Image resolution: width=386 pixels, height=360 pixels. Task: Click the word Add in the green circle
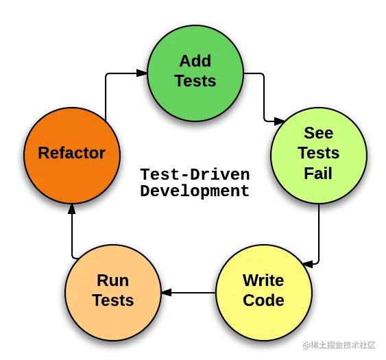click(x=195, y=61)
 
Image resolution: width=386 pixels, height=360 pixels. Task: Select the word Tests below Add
click(x=195, y=81)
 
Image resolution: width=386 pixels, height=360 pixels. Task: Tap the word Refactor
click(x=71, y=153)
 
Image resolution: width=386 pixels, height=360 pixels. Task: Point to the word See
click(x=318, y=132)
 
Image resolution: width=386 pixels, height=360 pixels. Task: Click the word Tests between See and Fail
click(x=318, y=153)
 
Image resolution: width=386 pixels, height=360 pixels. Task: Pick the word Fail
click(x=318, y=173)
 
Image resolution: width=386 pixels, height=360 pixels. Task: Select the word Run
click(x=112, y=280)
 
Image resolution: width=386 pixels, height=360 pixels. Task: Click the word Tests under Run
click(x=112, y=300)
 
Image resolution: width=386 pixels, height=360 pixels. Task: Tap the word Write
click(x=263, y=280)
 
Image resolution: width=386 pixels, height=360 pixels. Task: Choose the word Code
click(x=263, y=300)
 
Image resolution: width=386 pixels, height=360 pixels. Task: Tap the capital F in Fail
click(x=309, y=173)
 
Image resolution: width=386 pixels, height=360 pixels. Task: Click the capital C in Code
click(x=249, y=300)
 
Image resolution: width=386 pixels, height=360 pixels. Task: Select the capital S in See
click(x=309, y=132)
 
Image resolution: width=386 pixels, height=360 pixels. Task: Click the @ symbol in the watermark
click(x=306, y=345)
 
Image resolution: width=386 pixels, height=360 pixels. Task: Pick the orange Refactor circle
click(x=72, y=178)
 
